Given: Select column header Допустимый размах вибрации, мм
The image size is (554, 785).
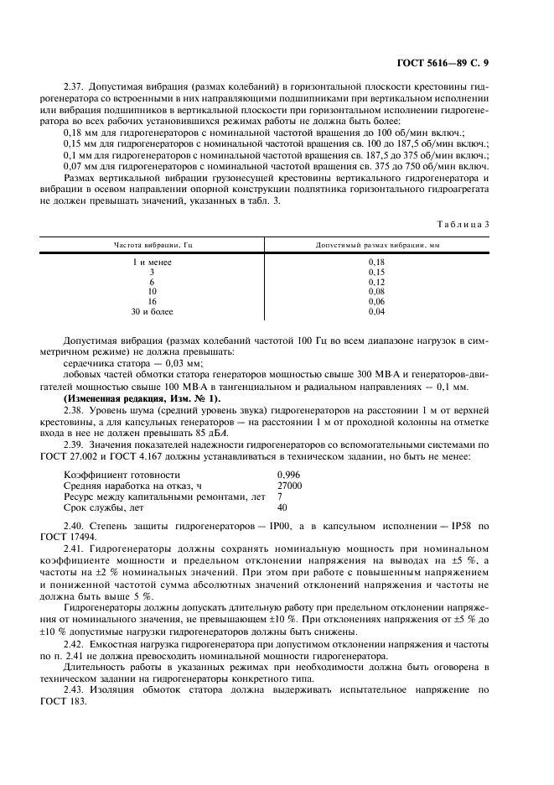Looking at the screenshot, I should tap(377, 245).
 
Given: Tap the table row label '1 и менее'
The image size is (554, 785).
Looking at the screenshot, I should tap(152, 263).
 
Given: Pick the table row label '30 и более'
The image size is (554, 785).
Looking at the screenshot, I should tap(152, 311).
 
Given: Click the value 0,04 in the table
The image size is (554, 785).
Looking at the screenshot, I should tap(376, 311).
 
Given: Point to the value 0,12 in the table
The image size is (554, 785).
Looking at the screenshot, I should tap(376, 282).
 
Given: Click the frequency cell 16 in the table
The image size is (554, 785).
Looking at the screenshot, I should tap(152, 301).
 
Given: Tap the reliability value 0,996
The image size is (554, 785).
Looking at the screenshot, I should tap(288, 475).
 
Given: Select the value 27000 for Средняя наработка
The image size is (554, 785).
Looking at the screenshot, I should tap(290, 486).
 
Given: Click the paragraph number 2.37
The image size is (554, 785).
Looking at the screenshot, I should tap(75, 86).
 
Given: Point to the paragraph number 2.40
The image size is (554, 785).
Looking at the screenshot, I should tap(75, 526).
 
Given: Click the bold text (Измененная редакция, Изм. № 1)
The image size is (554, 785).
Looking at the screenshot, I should tap(142, 398).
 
